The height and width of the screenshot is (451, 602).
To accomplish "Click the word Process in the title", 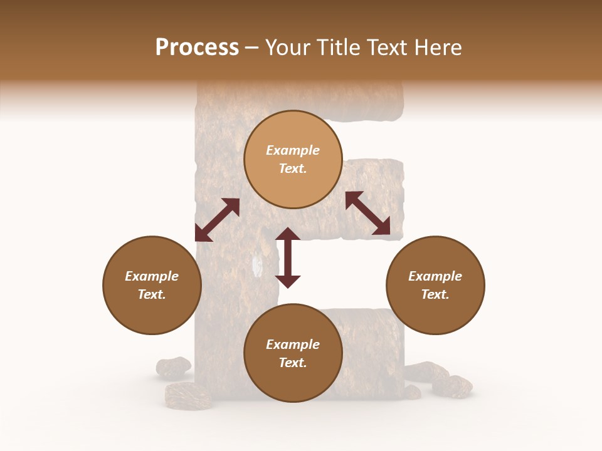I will (197, 48).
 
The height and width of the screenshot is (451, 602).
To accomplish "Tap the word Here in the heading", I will (439, 48).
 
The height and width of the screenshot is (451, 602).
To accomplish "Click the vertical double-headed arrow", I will (288, 257).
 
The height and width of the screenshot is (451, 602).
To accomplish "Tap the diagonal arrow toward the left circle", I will (217, 220).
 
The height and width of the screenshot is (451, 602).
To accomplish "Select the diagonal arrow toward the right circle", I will (368, 213).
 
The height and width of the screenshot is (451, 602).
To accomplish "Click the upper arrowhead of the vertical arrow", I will (288, 234).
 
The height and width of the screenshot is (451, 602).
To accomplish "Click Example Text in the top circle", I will (293, 159).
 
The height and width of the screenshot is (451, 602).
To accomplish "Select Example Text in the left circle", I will (152, 285).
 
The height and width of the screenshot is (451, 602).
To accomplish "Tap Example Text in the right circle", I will (435, 285).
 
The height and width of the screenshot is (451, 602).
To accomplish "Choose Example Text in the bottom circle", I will (293, 353).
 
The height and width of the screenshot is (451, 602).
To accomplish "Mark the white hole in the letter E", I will (256, 265).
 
